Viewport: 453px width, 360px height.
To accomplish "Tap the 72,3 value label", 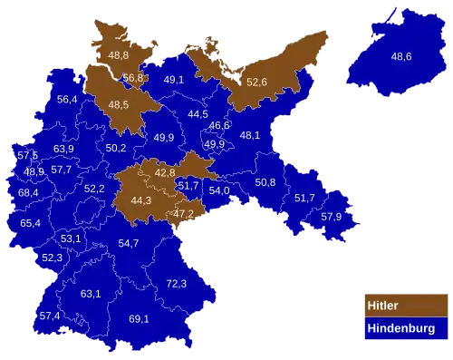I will [x=176, y=284].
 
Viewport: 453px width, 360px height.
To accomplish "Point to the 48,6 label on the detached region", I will [x=401, y=56].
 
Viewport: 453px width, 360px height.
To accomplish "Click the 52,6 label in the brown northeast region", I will [x=256, y=83].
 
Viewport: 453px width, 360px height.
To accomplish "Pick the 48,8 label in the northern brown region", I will [x=119, y=55].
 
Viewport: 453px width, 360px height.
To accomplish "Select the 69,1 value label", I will [x=139, y=319].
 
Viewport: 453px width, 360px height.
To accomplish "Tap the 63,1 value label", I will [x=91, y=294].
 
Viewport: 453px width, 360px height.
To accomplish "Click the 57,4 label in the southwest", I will [x=49, y=316].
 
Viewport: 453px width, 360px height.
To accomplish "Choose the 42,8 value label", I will [x=165, y=172].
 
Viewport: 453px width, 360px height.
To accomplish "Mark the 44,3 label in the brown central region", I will [x=141, y=200].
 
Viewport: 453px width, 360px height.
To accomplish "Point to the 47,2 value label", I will [x=183, y=214].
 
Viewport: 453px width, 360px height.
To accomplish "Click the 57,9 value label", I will [x=332, y=217].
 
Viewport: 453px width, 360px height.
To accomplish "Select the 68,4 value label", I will [x=28, y=192].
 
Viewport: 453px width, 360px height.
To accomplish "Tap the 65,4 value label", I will [x=30, y=223].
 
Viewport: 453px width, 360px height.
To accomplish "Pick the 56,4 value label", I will [x=66, y=100].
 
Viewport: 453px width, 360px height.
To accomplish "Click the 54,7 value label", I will [x=128, y=243].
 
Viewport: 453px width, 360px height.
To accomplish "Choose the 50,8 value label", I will [x=265, y=182].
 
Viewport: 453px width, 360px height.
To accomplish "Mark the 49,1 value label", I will [x=174, y=80].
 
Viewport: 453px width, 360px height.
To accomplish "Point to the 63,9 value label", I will [x=63, y=149].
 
